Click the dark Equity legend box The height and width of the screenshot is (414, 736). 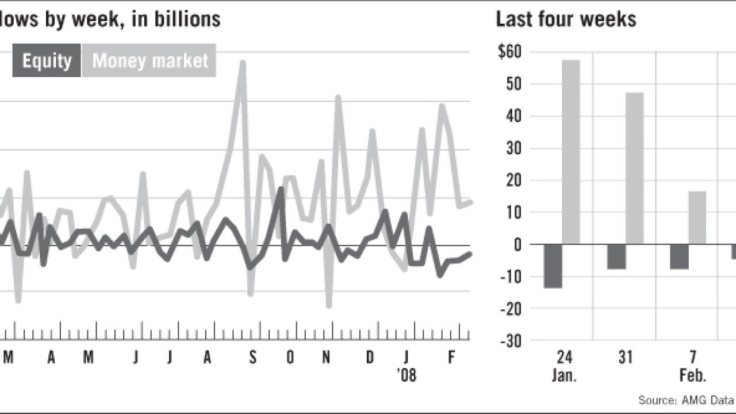pyautogui.click(x=46, y=60)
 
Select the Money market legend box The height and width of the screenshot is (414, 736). pyautogui.click(x=149, y=60)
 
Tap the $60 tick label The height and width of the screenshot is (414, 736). pyautogui.click(x=510, y=52)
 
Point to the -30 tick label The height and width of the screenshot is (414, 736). pyautogui.click(x=509, y=341)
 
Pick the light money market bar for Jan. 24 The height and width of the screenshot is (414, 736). pyautogui.click(x=570, y=152)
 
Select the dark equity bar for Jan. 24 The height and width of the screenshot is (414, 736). pyautogui.click(x=553, y=266)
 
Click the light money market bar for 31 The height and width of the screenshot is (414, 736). pyautogui.click(x=634, y=168)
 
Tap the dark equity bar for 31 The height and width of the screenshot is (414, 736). pyautogui.click(x=616, y=257)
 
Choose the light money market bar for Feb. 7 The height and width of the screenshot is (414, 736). pyautogui.click(x=697, y=218)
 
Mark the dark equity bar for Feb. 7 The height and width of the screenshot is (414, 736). pyautogui.click(x=679, y=257)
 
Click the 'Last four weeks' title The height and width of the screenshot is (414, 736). pyautogui.click(x=566, y=20)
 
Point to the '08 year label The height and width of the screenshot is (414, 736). pyautogui.click(x=406, y=375)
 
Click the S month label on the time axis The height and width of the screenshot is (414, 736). pyautogui.click(x=252, y=358)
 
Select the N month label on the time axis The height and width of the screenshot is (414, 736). pyautogui.click(x=326, y=358)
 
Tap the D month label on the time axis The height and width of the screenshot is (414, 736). pyautogui.click(x=370, y=358)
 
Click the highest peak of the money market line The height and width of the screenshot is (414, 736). pyautogui.click(x=243, y=62)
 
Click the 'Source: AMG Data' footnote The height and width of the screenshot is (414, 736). pyautogui.click(x=687, y=399)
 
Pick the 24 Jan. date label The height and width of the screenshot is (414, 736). pyautogui.click(x=565, y=366)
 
